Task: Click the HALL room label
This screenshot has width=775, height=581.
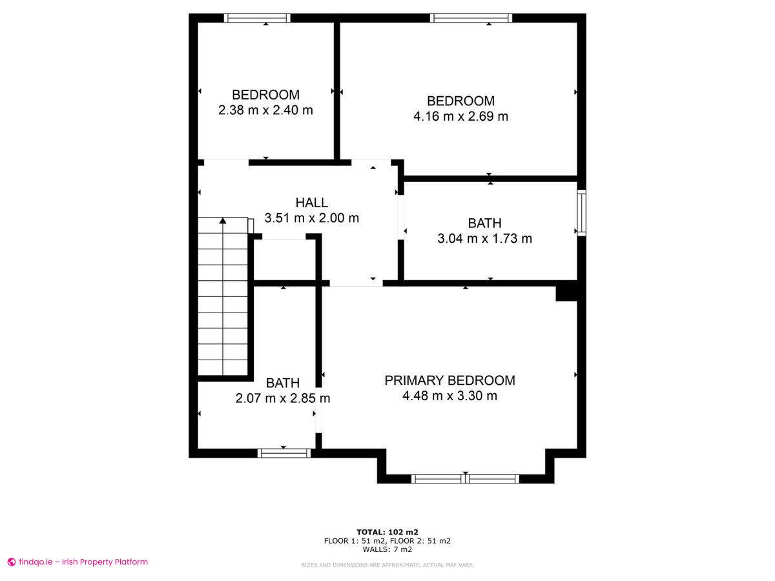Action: point(311,203)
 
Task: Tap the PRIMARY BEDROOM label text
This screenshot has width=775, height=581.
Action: point(449,380)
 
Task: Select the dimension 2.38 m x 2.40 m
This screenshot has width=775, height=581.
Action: point(265,110)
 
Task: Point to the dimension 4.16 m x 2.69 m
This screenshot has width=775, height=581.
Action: point(460,116)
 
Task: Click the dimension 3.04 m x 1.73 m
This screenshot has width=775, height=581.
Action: point(484,238)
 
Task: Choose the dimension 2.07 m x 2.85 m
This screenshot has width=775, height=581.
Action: point(282,398)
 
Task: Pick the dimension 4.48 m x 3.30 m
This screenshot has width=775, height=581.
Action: point(449,396)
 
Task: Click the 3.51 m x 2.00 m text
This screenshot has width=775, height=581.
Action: point(311,218)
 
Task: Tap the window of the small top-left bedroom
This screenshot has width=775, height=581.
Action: point(257,18)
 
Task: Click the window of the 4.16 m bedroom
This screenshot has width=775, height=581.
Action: point(471,18)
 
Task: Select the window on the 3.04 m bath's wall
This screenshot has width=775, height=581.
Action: point(581,213)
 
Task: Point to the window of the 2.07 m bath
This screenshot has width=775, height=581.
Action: point(284,453)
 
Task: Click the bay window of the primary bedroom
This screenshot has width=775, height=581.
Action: point(465,479)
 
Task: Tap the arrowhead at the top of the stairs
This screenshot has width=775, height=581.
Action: point(222,221)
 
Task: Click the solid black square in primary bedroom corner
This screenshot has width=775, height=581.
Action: point(566,294)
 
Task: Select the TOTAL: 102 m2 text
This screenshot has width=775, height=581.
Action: point(387,532)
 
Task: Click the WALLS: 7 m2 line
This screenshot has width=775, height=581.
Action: point(387,549)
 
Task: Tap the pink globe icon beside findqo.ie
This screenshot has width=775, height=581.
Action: point(12,562)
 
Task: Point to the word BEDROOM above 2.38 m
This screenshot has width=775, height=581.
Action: point(265,94)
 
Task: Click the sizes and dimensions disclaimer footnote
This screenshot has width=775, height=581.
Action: point(387,565)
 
